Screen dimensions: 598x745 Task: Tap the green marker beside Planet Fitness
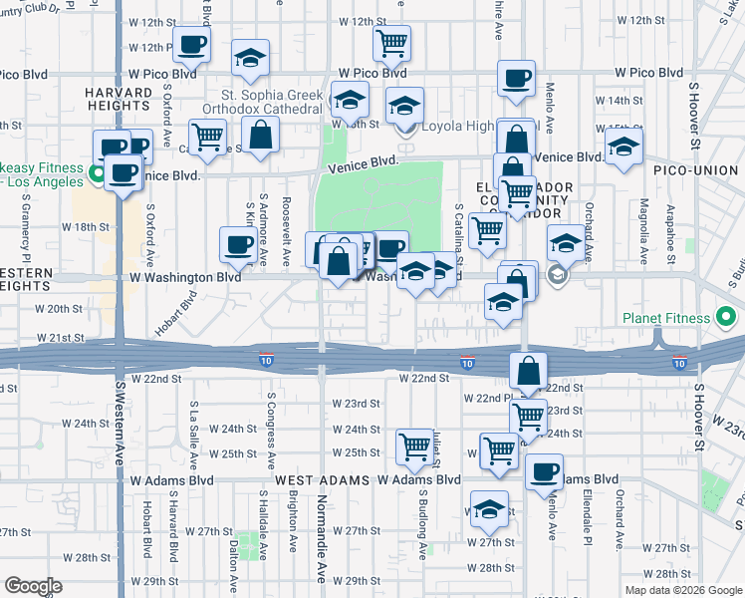point(727,319)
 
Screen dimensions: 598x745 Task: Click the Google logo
point(34,586)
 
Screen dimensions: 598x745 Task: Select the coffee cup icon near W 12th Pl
point(191,44)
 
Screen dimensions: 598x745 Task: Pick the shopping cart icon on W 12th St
point(392,43)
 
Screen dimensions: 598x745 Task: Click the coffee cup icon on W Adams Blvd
point(544,472)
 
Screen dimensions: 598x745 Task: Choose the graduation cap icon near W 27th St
point(489,508)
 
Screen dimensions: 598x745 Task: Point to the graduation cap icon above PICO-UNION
point(622,147)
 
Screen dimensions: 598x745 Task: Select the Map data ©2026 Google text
point(683,590)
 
